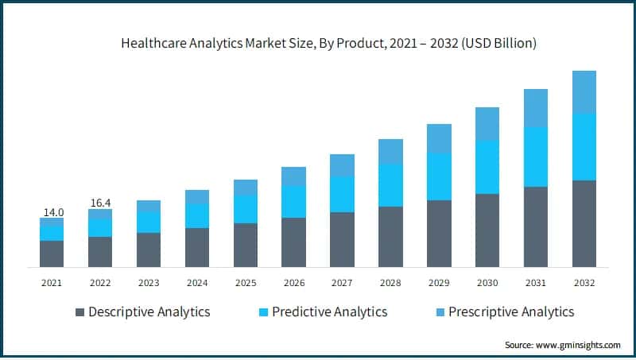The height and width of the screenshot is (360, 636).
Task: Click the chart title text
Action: (318, 45)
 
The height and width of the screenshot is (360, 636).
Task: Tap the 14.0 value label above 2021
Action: (52, 212)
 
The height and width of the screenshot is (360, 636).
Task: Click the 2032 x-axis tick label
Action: (584, 282)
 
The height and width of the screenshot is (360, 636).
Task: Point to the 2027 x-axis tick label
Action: (342, 282)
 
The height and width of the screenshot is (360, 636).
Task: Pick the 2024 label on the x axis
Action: (197, 282)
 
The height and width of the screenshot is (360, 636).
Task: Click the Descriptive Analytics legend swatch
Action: (79, 312)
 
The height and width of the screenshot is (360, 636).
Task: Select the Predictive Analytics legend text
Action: (329, 312)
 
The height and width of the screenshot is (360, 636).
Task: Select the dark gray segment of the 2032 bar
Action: (584, 223)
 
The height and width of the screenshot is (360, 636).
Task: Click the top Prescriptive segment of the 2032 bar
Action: (584, 91)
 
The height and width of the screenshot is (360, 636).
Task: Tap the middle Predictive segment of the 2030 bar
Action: (487, 167)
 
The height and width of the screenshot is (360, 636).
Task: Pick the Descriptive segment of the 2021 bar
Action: (52, 254)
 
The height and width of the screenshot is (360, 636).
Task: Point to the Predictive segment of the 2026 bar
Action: (294, 202)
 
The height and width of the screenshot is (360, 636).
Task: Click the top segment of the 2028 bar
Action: (390, 151)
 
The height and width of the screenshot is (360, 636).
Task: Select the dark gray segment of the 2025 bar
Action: (246, 245)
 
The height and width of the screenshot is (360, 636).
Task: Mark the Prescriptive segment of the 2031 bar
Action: (536, 107)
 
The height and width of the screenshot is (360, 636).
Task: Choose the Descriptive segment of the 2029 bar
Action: (439, 233)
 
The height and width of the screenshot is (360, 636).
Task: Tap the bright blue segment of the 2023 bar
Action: (149, 223)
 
